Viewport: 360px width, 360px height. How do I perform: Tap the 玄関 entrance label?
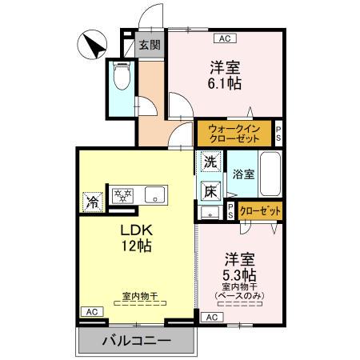click(148, 45)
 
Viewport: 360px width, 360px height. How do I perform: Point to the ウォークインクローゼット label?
click(233, 133)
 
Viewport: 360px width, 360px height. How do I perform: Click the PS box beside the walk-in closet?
click(278, 133)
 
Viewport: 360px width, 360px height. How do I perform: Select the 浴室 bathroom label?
click(243, 174)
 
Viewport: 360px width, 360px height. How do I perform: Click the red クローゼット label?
click(260, 211)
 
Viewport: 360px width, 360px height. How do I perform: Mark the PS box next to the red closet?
click(230, 211)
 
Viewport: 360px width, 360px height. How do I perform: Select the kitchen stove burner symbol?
click(125, 194)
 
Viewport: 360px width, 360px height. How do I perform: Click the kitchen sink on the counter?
click(154, 194)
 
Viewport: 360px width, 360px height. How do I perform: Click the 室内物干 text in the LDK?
click(139, 296)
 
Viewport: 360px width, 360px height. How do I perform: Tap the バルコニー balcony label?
click(136, 341)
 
